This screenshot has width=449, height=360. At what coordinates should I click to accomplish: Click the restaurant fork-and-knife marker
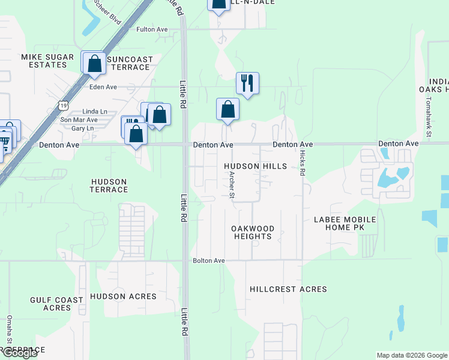point(247,83)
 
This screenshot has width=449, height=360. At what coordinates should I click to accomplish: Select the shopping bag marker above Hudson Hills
point(228,109)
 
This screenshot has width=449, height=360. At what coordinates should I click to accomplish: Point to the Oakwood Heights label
point(253,232)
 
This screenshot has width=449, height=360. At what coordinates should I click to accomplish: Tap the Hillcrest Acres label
point(288,289)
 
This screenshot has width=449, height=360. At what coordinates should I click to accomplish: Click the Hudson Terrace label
point(109,185)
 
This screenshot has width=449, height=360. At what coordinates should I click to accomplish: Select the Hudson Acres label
point(123,296)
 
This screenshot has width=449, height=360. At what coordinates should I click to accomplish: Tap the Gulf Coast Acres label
point(57,304)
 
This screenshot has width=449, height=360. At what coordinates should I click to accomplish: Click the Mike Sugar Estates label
point(47,61)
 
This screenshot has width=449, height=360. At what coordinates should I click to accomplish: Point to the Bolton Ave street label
point(208,261)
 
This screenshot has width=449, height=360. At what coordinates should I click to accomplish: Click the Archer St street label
point(231,184)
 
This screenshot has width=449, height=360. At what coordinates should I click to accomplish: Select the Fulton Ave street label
point(152,29)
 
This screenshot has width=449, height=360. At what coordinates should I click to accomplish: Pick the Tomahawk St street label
point(429,118)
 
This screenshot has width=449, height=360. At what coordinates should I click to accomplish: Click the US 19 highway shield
point(64,105)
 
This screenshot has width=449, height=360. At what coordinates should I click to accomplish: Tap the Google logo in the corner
point(20,353)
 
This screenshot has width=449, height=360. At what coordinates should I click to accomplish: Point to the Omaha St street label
point(10,331)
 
